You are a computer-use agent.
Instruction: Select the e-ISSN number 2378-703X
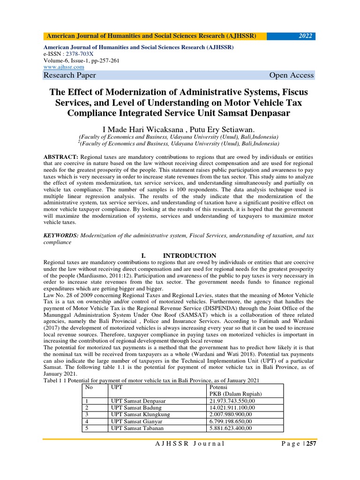pos(76,54)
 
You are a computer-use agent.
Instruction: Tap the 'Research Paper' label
pos(70,75)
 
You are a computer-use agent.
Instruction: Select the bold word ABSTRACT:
pos(61,156)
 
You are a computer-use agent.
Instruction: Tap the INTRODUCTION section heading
pos(189,255)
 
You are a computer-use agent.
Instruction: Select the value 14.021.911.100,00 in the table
pos(232,408)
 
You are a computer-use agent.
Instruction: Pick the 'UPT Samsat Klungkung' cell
pos(140,414)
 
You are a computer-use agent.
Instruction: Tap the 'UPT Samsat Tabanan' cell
pos(137,428)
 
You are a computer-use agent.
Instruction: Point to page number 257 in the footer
pos(311,457)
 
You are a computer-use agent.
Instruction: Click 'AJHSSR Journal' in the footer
pos(190,457)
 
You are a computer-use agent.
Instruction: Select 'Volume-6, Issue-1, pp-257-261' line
pos(79,60)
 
